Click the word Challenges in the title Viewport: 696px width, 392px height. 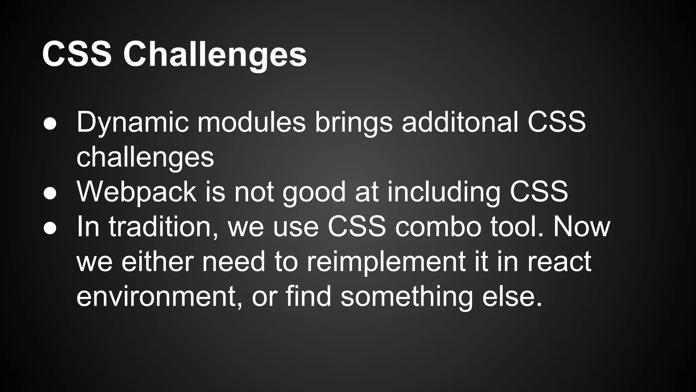215,54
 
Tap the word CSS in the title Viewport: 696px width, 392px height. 77,54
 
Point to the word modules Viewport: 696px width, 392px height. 251,122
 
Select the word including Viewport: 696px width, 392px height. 443,192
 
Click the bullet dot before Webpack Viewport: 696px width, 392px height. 50,193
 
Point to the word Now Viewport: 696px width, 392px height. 582,227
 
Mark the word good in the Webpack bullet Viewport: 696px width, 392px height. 314,192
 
